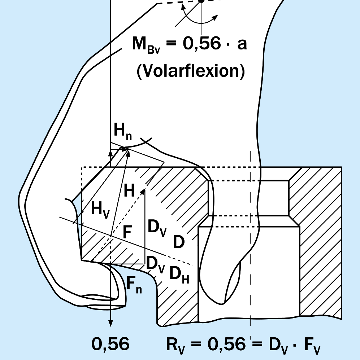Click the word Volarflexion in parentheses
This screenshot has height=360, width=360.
[191, 71]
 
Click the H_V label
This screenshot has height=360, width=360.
[100, 209]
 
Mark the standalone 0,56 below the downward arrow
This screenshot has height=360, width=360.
[110, 344]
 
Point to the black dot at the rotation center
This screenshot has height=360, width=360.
[201, 1]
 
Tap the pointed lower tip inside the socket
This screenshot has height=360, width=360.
[225, 302]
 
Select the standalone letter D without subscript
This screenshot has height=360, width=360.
[179, 242]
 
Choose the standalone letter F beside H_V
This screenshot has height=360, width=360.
[127, 233]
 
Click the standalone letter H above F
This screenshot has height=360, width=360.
[129, 190]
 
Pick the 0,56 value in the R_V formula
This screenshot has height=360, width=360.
[226, 344]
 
